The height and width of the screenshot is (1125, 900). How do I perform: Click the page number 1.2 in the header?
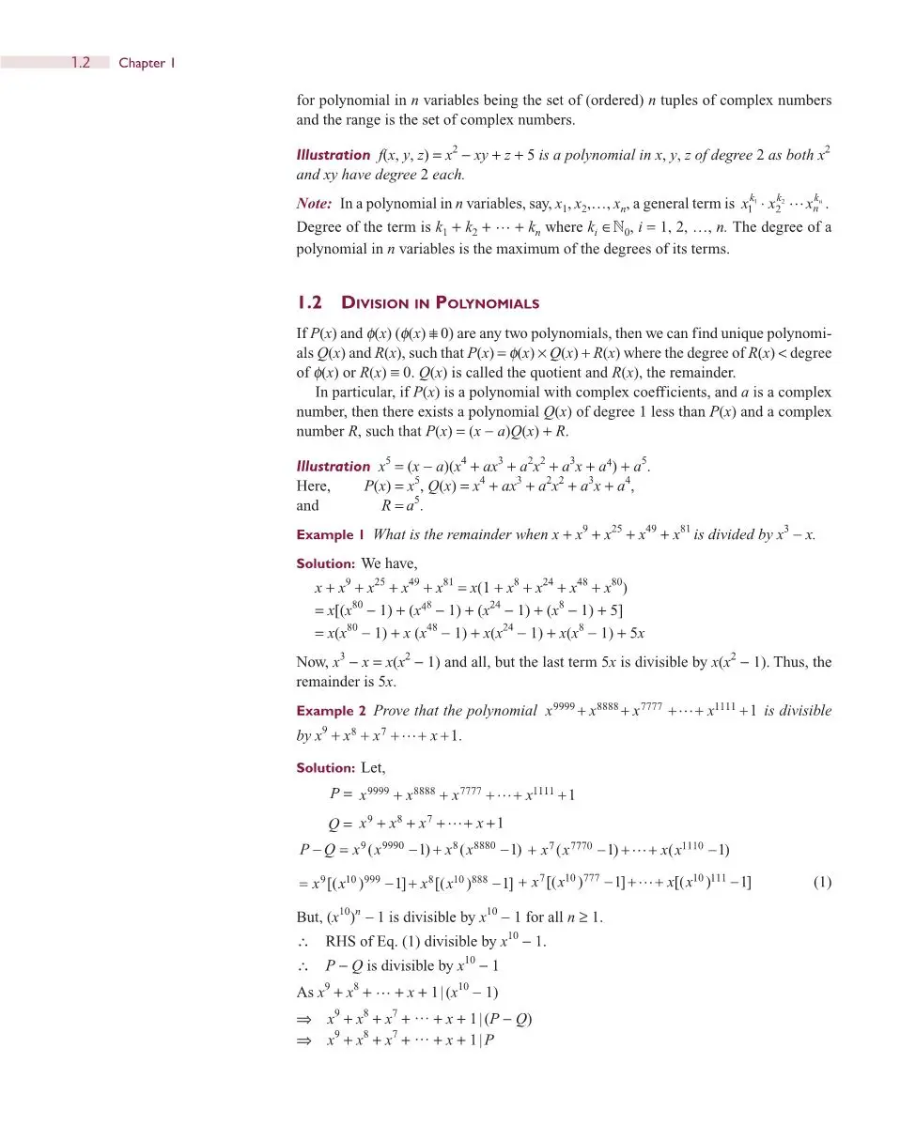[x=81, y=63]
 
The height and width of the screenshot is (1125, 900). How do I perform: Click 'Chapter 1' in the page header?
[x=147, y=63]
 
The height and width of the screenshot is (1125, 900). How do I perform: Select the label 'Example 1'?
[x=330, y=535]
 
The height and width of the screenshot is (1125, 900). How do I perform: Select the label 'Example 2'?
[x=330, y=711]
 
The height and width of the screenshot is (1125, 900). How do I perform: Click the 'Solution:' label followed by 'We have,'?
[x=325, y=563]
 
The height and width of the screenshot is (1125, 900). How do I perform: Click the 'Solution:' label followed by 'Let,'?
[x=325, y=767]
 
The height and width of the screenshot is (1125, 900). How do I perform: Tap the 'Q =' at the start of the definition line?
[x=339, y=824]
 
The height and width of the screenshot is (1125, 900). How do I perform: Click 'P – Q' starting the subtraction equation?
[x=309, y=852]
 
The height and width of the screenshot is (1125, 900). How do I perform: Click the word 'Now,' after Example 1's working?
[x=312, y=662]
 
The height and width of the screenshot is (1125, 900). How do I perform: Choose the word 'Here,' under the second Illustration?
[x=313, y=486]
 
